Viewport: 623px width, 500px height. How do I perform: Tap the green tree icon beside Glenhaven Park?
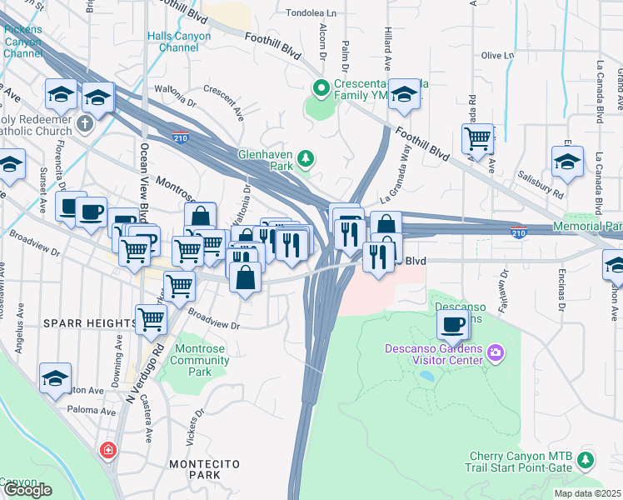[307, 157]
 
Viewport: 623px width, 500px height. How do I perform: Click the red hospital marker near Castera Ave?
[107, 451]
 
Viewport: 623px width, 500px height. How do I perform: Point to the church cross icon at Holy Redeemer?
[84, 124]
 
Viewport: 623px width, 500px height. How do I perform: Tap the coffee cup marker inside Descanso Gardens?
[453, 325]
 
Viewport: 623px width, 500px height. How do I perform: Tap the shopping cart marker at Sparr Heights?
[151, 318]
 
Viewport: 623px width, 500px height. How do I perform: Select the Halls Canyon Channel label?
[172, 42]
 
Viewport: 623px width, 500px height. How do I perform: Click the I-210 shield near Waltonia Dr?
[180, 137]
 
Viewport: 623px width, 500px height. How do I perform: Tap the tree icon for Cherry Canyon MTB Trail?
[586, 459]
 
